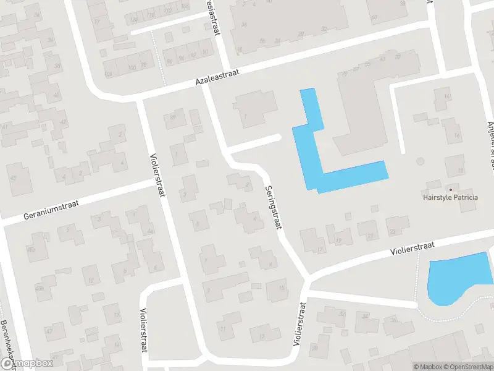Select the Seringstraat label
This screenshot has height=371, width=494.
(272, 207)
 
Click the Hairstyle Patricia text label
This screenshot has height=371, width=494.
(451, 198)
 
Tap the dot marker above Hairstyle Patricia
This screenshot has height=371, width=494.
(450, 189)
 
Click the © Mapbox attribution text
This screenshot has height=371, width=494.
(427, 367)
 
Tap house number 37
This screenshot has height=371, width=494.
(397, 57)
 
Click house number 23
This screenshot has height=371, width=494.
(391, 231)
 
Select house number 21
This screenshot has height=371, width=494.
(371, 236)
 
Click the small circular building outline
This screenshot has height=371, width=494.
(421, 161)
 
